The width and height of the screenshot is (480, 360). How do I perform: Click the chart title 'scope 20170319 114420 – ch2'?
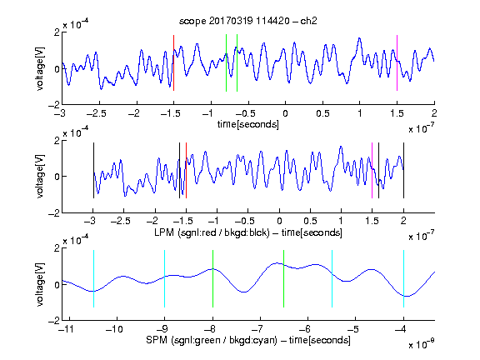248,21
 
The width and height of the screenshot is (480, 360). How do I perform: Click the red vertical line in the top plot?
173,62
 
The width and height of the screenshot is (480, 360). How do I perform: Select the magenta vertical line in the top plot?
397,62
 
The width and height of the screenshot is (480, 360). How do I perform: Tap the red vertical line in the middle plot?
186,170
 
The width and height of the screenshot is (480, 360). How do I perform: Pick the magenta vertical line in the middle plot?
372,170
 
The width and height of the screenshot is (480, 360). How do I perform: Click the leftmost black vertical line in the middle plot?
93,170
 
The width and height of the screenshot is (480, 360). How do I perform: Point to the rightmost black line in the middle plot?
403,170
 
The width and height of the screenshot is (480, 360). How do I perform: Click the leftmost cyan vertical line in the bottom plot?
93,278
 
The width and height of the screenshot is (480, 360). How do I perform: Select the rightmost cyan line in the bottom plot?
403,278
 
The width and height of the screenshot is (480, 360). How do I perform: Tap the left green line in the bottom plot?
212,278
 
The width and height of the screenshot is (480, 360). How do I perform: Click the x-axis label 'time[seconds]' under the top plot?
248,124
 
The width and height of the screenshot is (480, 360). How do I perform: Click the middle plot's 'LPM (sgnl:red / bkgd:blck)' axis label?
212,232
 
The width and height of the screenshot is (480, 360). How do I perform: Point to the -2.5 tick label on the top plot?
96,113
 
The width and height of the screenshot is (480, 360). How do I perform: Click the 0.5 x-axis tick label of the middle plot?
310,221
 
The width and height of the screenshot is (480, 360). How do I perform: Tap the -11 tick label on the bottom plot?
65,329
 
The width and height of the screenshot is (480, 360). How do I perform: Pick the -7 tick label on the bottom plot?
259,329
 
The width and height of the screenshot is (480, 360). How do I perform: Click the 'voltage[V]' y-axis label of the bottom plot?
40,284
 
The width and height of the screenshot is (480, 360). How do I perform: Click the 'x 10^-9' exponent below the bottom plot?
422,344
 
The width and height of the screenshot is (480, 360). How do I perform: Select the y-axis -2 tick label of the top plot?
54,105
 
